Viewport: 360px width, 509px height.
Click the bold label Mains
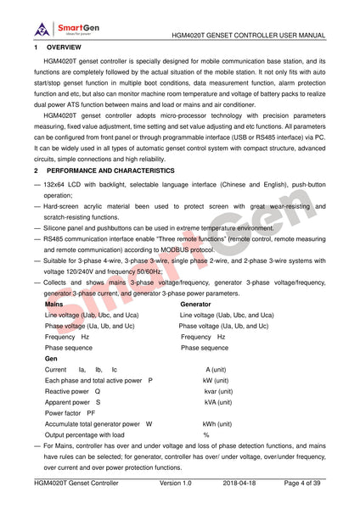point(53,303)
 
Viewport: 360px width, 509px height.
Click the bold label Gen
point(51,359)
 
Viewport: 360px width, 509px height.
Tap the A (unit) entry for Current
point(215,370)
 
